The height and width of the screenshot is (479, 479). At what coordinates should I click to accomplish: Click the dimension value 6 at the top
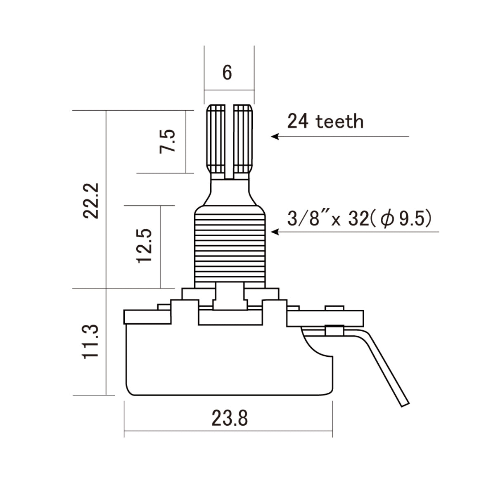[227, 73]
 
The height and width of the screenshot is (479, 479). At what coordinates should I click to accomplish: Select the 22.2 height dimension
[91, 201]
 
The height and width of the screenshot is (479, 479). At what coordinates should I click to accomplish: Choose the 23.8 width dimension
[230, 418]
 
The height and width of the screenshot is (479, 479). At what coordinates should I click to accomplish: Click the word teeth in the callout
[339, 122]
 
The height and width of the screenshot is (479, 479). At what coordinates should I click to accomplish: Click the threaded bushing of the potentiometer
[230, 248]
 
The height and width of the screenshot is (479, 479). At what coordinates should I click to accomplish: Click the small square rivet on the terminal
[334, 330]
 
